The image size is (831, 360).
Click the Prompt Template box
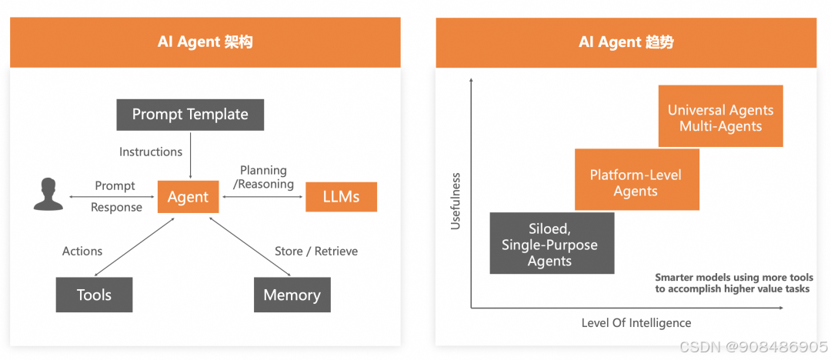pyautogui.click(x=190, y=115)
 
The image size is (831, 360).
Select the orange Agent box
pyautogui.click(x=189, y=197)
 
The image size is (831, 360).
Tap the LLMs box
pyautogui.click(x=341, y=197)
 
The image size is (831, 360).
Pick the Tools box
pyautogui.click(x=94, y=295)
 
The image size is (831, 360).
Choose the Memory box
pyautogui.click(x=292, y=295)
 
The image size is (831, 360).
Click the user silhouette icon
pyautogui.click(x=48, y=195)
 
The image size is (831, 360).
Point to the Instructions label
pyautogui.click(x=151, y=152)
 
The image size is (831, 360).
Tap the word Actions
pyautogui.click(x=82, y=252)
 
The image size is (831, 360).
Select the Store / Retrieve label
pyautogui.click(x=316, y=252)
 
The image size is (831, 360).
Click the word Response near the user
pyautogui.click(x=117, y=207)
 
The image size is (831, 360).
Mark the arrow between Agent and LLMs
pyautogui.click(x=263, y=197)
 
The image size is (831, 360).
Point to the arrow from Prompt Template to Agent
pyautogui.click(x=190, y=155)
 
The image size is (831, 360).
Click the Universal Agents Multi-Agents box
pyautogui.click(x=720, y=116)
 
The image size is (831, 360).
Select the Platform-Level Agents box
pyautogui.click(x=636, y=179)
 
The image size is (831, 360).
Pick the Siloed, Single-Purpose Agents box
pyautogui.click(x=552, y=243)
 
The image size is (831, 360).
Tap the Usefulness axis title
pyautogui.click(x=456, y=201)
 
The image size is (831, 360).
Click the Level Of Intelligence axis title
pyautogui.click(x=636, y=323)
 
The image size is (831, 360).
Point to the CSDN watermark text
pyautogui.click(x=753, y=347)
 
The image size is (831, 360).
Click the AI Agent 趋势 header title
pyautogui.click(x=626, y=42)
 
